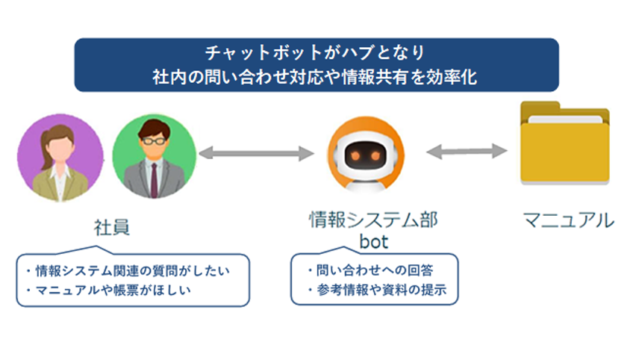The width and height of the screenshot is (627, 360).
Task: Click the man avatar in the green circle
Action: tap(154, 156)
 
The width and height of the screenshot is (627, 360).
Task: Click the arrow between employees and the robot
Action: tap(256, 154)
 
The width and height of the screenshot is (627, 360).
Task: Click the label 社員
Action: tap(112, 227)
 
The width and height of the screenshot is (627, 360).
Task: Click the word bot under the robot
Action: tap(373, 243)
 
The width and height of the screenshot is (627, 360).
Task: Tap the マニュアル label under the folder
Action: tap(567, 220)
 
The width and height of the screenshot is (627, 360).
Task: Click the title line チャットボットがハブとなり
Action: tap(316, 54)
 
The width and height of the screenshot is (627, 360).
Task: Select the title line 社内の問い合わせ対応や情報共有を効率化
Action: tap(316, 76)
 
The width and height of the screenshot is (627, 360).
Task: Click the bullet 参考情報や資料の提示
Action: tap(376, 291)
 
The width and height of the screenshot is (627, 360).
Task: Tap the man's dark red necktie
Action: tap(154, 180)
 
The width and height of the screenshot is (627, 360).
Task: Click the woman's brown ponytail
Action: tap(44, 140)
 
